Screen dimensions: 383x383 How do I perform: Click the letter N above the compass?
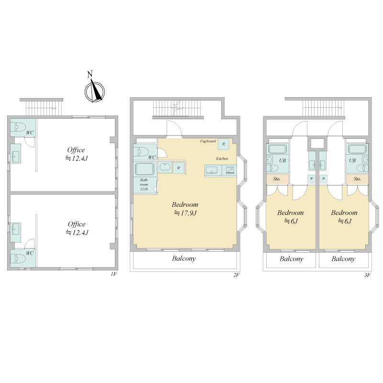click(90, 74)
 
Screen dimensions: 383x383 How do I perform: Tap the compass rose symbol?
click(94, 92)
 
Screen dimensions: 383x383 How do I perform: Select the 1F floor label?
click(114, 274)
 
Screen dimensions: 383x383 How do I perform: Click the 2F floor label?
click(237, 275)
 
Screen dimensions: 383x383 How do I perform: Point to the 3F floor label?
click(368, 275)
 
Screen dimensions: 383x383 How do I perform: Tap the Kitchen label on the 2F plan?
click(222, 158)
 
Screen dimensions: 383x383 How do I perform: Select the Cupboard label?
click(208, 141)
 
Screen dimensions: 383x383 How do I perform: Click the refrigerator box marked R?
click(224, 144)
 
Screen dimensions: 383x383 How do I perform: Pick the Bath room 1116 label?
click(144, 184)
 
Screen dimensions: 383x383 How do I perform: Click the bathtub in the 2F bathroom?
click(145, 169)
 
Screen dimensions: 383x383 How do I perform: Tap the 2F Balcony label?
click(184, 259)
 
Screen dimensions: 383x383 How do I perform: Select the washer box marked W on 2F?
click(179, 168)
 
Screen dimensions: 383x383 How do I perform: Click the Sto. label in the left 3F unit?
click(277, 179)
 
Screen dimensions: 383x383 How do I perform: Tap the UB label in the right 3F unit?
click(352, 160)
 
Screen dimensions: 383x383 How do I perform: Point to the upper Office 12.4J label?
click(76, 154)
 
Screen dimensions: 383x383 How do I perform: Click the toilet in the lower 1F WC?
click(18, 258)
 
